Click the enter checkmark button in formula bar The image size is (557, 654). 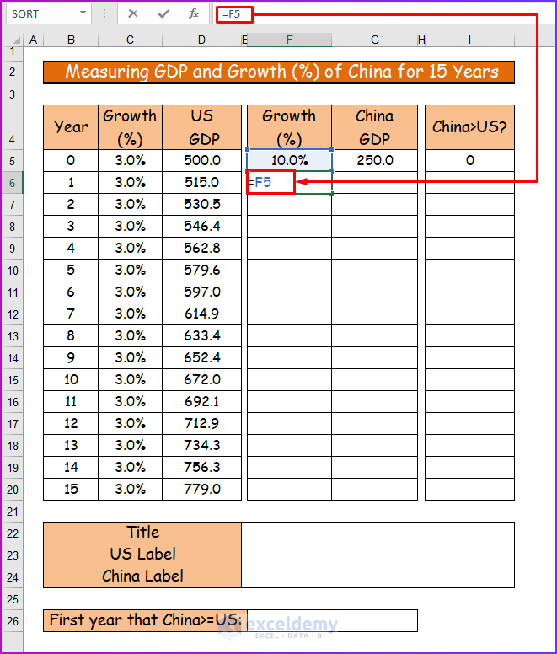click(x=164, y=13)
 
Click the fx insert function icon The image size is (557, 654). click(x=194, y=13)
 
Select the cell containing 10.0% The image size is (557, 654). click(x=288, y=160)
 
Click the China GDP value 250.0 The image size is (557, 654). click(x=374, y=160)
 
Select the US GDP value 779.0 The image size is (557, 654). click(x=202, y=489)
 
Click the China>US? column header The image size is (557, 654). click(x=469, y=127)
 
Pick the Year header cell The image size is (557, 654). click(x=71, y=127)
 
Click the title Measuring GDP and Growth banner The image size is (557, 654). click(x=278, y=72)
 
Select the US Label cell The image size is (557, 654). click(x=142, y=555)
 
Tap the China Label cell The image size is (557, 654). click(x=142, y=576)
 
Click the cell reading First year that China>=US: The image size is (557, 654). click(x=142, y=620)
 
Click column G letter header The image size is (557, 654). click(x=374, y=40)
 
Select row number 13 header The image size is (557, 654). click(x=12, y=335)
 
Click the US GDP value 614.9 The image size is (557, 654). click(x=202, y=314)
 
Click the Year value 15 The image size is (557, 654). click(x=71, y=489)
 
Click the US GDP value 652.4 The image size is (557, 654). click(x=202, y=357)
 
